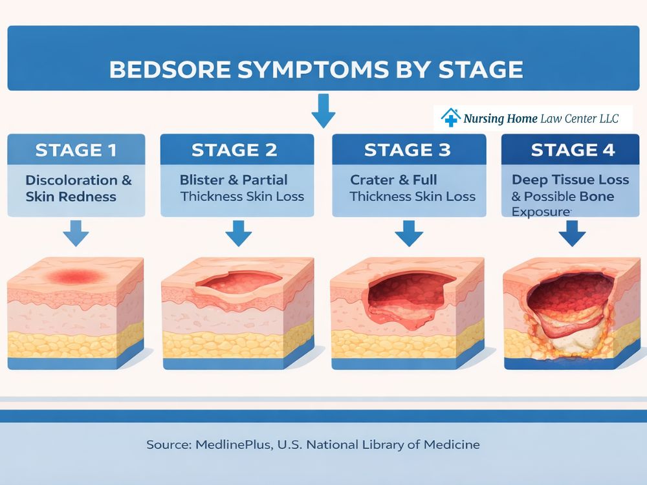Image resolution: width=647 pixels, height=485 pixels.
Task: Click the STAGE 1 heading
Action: coord(76,151)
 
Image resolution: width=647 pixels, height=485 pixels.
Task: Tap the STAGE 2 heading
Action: coord(234,151)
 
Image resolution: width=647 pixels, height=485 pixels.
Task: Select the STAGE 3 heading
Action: coord(408,151)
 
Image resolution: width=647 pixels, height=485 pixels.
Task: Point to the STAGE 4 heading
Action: coord(573,151)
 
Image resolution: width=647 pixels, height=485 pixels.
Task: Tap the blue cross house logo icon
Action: coord(450,118)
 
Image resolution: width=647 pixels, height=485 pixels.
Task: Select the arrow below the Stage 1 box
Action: coord(76,233)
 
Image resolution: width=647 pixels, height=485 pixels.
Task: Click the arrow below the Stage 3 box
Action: coord(408,233)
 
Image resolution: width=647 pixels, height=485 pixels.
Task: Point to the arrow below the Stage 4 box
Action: coord(572,233)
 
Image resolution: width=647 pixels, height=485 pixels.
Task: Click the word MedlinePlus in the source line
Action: coord(238,445)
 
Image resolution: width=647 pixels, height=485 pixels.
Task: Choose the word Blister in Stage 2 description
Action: coord(201,180)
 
